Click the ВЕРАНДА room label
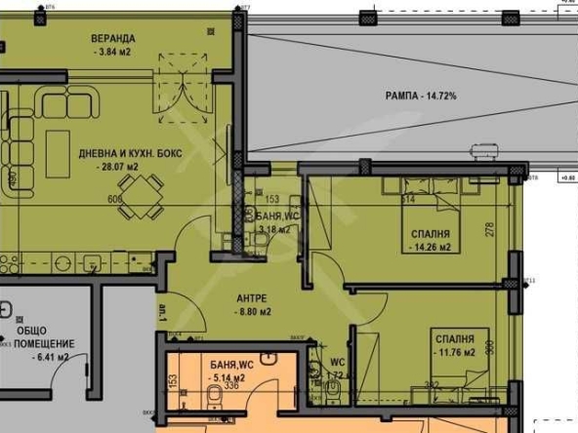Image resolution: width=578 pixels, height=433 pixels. coord(113,39)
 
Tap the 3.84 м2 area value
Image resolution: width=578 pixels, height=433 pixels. coord(113,53)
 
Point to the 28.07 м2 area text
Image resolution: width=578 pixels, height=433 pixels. coord(115,167)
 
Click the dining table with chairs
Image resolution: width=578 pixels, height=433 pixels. coord(146,200)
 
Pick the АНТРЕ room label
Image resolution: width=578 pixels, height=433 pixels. coord(253,297)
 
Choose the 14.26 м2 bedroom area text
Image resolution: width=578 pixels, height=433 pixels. coord(430,248)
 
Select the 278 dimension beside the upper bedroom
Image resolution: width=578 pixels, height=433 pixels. coord(490,231)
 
